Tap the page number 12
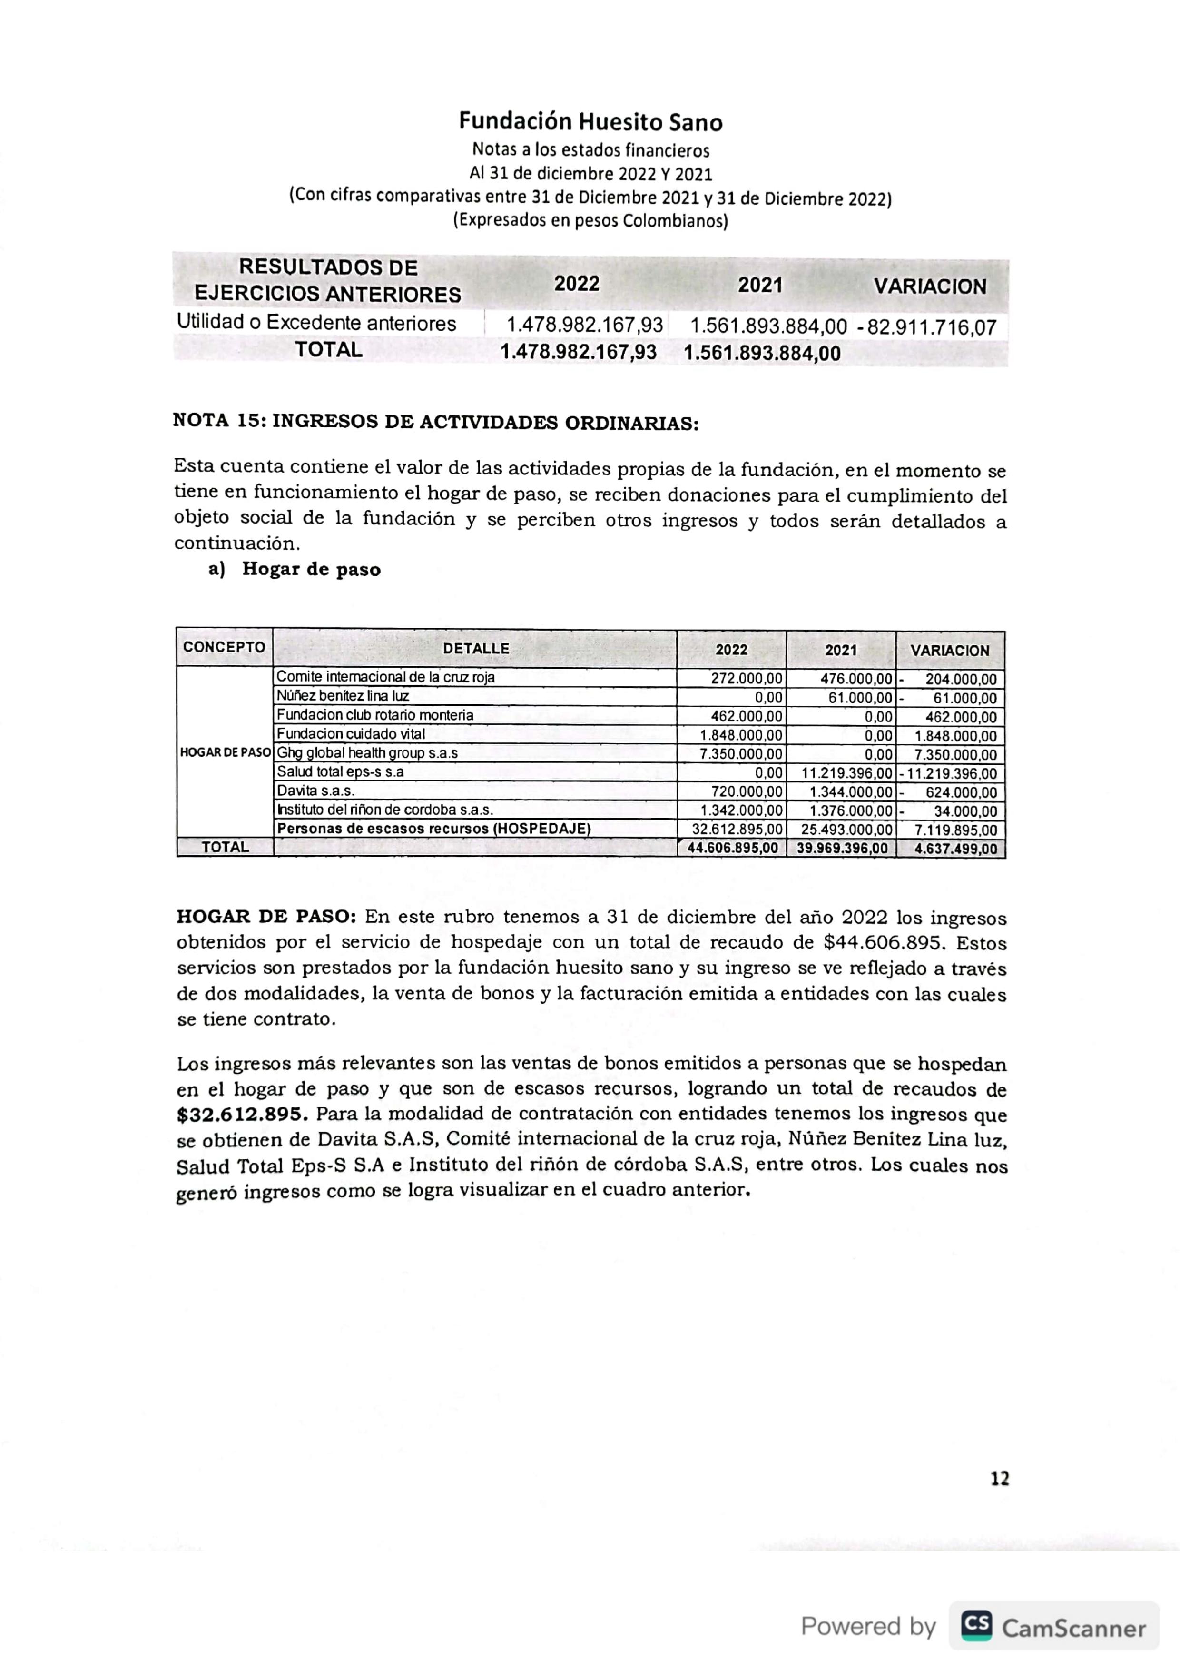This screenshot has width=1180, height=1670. [x=1000, y=1478]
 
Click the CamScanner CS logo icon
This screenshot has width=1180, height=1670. [x=976, y=1626]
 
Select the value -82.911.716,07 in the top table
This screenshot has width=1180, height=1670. [x=928, y=327]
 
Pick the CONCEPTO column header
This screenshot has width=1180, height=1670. [x=224, y=647]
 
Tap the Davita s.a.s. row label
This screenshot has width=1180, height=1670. [x=315, y=791]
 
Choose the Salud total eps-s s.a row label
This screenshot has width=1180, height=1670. [x=340, y=772]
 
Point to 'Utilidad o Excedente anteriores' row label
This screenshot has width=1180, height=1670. [x=316, y=323]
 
